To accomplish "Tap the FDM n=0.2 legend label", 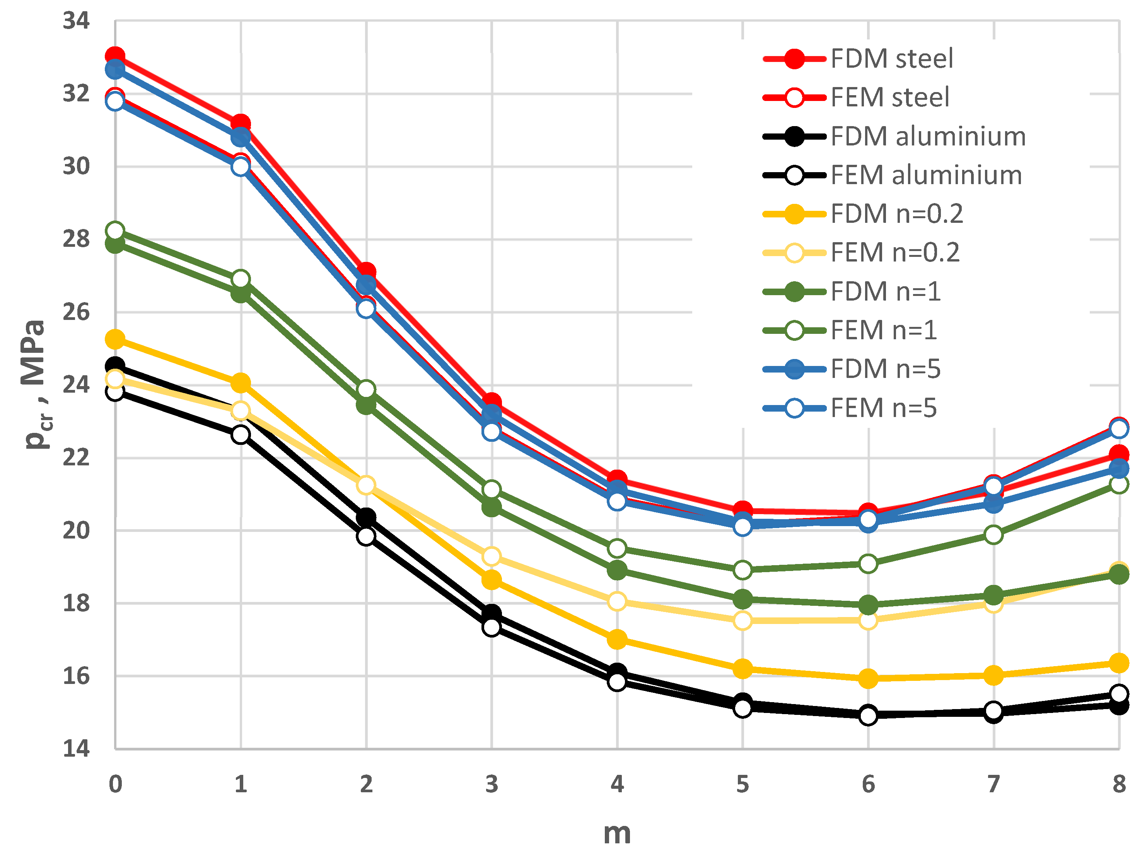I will pos(897,214).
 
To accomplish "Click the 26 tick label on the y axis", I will pos(76,313).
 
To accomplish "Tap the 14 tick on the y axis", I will pos(76,749).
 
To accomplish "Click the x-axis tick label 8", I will pos(1119,785).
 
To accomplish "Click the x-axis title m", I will pos(617,833).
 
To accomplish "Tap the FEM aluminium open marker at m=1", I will pos(241,435).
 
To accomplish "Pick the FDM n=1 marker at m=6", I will pos(868,605).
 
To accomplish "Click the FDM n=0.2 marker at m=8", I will pos(1119,663).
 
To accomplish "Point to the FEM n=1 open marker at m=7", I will pos(994,535).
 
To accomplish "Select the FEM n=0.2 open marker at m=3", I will pos(492,557).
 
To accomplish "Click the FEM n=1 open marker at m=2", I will pos(366,389).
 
